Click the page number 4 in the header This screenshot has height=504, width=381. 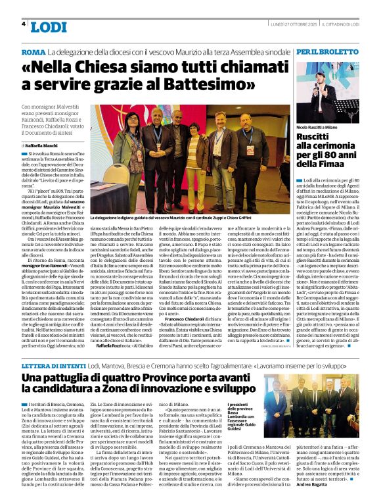click(x=24, y=24)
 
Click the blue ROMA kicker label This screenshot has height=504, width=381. click(x=33, y=52)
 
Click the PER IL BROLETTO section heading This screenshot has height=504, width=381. click(x=326, y=52)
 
